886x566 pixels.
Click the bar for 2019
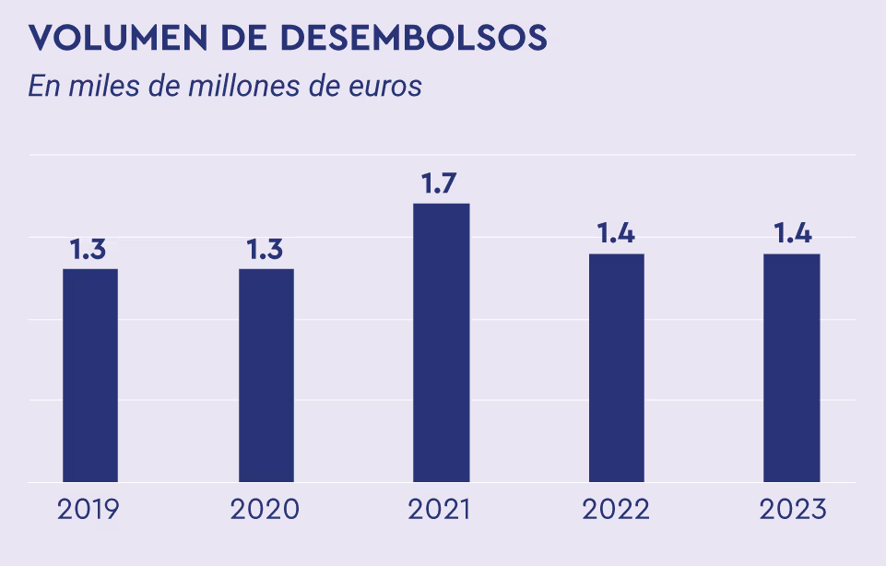(x=90, y=375)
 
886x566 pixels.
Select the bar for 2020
(x=266, y=375)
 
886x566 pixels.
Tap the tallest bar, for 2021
(x=442, y=342)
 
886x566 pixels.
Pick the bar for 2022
(x=617, y=367)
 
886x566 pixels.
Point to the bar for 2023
(x=792, y=367)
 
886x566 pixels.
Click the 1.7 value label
(x=440, y=183)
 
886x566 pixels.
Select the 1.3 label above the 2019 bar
(x=89, y=249)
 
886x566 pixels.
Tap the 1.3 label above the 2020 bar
(x=266, y=249)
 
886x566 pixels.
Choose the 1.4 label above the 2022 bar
(x=616, y=234)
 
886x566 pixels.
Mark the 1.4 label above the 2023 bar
(x=792, y=234)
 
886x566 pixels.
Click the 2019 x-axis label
(x=89, y=510)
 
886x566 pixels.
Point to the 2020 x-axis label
(x=266, y=510)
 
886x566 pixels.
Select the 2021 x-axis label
(x=441, y=510)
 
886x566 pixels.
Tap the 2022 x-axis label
(x=616, y=510)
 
